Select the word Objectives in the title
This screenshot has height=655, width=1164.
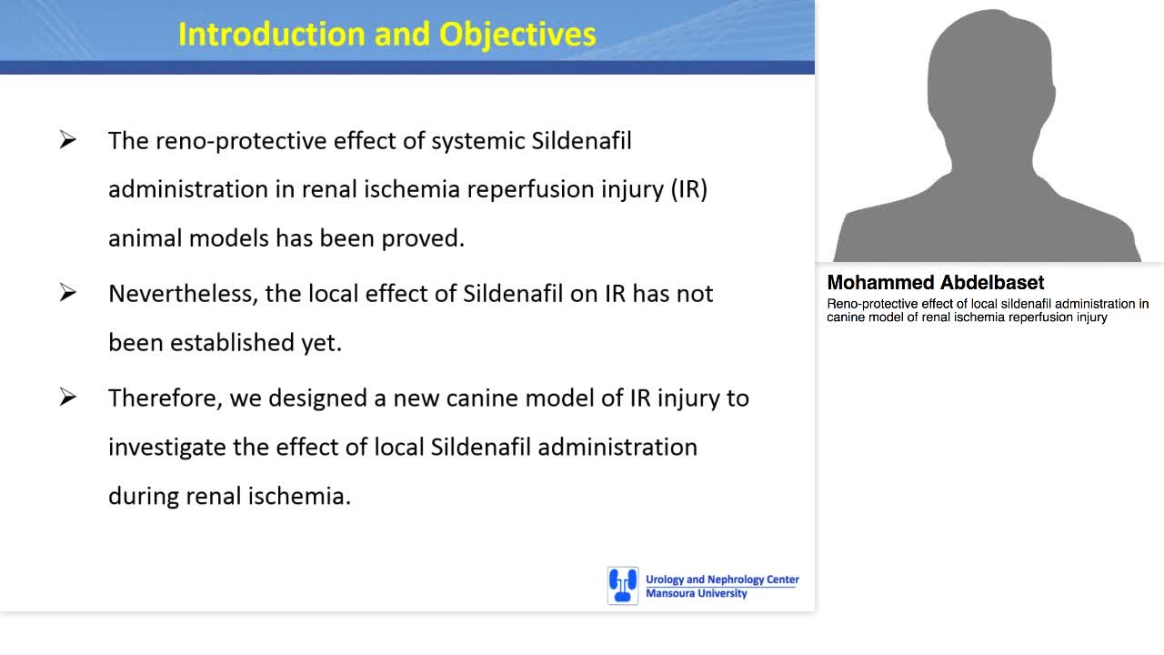[517, 34]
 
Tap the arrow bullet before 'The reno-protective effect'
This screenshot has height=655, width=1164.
[68, 140]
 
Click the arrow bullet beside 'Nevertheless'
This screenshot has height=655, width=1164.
[68, 293]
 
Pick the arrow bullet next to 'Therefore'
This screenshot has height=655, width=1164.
[68, 398]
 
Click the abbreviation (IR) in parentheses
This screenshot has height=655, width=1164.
[688, 189]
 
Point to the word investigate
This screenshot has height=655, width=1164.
[163, 448]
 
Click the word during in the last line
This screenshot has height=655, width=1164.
[144, 497]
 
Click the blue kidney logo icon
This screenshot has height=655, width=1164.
[623, 586]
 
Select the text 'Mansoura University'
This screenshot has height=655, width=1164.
[696, 594]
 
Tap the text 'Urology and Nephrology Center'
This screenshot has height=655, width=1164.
[722, 579]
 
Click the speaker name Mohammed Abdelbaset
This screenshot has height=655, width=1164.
[935, 282]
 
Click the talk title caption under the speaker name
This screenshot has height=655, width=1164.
[987, 310]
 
